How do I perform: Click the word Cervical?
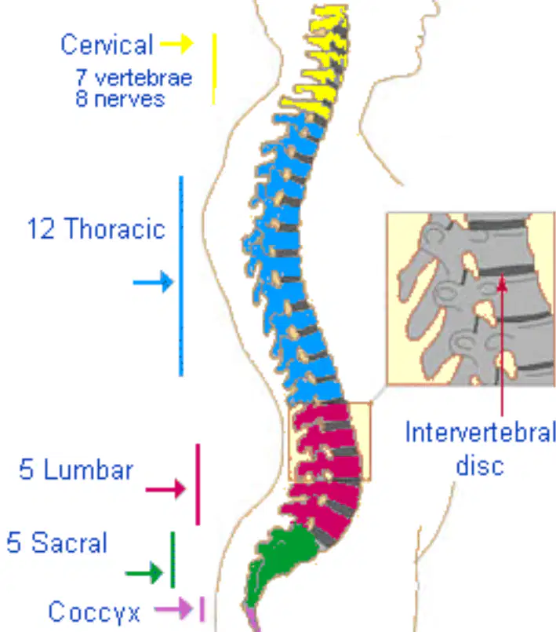107,44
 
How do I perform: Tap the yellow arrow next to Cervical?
176,43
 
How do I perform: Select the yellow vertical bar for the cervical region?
214,69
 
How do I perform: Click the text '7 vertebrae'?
133,78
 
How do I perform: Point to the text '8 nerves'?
120,98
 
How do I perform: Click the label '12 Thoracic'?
96,228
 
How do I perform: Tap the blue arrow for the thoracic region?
154,282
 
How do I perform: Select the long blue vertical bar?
181,276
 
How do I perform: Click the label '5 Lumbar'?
76,469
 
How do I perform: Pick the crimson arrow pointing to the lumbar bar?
165,489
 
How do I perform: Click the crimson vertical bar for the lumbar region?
198,484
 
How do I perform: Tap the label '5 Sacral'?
56,542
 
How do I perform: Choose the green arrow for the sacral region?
144,573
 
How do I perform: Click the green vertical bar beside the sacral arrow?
173,560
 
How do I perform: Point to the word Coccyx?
94,612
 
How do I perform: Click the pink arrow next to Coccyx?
173,608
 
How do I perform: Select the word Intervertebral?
480,432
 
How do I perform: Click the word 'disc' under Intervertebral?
480,465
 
